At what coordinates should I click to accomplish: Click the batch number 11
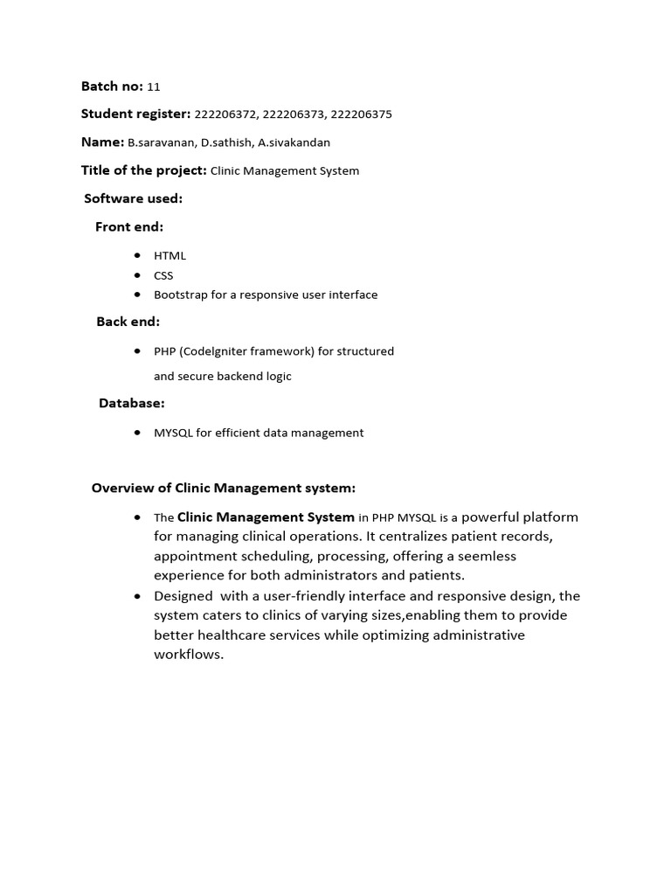click(x=154, y=87)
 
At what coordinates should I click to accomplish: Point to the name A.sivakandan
click(x=294, y=142)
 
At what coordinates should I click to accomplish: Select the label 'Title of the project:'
click(x=143, y=170)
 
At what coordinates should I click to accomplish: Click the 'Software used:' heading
click(x=133, y=198)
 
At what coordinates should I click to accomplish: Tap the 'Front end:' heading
click(x=129, y=227)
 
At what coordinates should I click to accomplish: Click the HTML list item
click(x=169, y=256)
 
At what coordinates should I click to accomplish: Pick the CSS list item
click(x=163, y=275)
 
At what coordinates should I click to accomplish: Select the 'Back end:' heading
click(x=128, y=322)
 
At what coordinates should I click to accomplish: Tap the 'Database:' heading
click(x=131, y=403)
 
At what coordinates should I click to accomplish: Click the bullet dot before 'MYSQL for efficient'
click(x=138, y=432)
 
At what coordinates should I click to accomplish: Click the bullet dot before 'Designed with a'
click(x=138, y=595)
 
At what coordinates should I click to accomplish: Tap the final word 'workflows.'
click(x=189, y=654)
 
